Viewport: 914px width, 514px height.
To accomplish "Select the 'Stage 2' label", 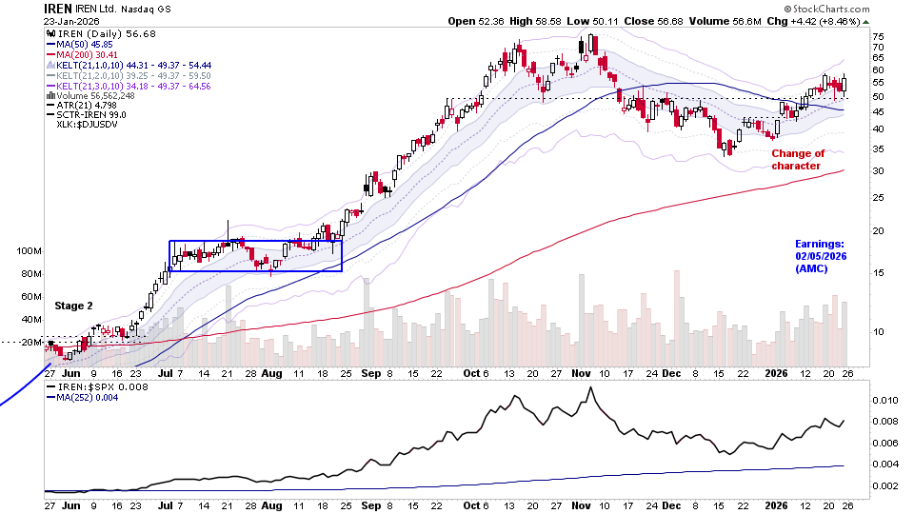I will pyautogui.click(x=74, y=306).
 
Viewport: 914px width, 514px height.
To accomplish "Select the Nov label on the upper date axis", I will pyautogui.click(x=583, y=374).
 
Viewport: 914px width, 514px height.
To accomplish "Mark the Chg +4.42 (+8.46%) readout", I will pyautogui.click(x=830, y=21).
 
